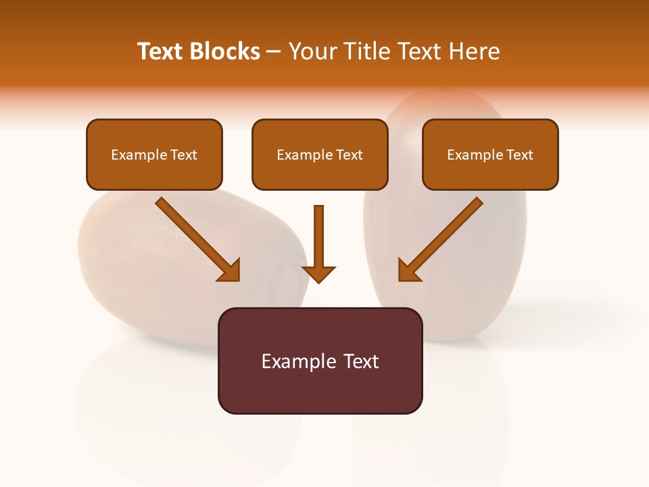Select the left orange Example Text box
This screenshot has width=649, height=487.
(154, 155)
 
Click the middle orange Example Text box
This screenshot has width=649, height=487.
(320, 155)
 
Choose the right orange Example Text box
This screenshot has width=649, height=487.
(490, 155)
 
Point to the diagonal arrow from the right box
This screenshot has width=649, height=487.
(441, 239)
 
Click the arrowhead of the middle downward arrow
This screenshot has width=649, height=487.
(318, 273)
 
